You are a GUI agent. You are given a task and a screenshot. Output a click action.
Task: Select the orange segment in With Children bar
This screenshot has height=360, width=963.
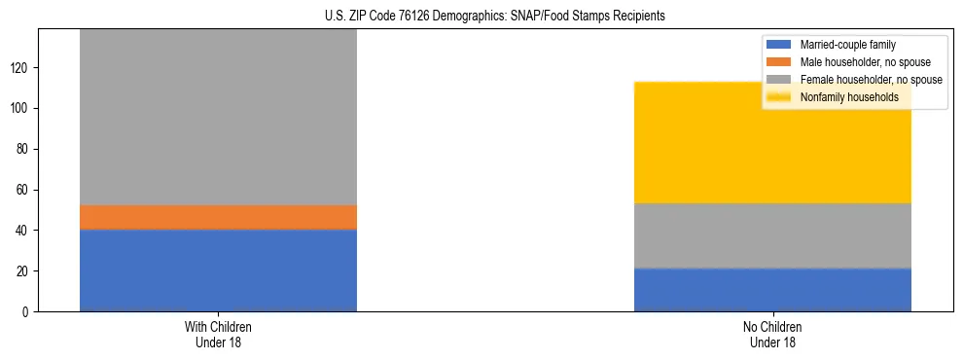pos(218,217)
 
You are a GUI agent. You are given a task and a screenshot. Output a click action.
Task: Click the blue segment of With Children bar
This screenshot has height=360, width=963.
pos(218,270)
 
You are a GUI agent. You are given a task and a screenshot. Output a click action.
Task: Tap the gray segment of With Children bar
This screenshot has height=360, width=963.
pos(218,117)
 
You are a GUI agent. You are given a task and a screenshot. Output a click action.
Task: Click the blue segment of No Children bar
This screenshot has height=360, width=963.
pos(772,290)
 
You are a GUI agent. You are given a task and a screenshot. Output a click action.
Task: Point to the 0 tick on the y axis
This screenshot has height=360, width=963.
pos(29,311)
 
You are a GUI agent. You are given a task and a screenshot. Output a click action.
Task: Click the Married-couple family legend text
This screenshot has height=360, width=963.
pos(847,45)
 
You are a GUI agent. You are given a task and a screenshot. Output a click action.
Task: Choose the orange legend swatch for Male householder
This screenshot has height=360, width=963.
pos(780,62)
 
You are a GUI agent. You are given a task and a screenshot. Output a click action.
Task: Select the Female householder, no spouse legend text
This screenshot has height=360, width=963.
pos(871,80)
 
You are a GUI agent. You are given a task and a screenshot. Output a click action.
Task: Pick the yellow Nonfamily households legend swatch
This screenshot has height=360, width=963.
pos(780,97)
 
